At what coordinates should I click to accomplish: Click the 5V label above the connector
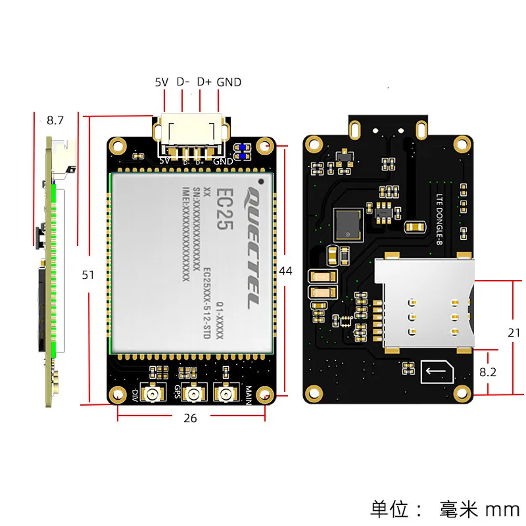click(162, 82)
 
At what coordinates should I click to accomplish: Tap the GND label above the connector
click(229, 82)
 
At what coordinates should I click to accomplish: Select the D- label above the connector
click(183, 82)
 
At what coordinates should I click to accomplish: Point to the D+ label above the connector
click(204, 82)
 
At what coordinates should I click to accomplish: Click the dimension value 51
click(88, 275)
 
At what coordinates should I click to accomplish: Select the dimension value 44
click(285, 271)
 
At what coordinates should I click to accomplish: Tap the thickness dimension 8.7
click(55, 120)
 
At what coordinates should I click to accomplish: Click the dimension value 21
click(514, 333)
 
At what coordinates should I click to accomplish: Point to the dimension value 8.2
click(488, 371)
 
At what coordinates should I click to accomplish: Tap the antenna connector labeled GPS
click(194, 395)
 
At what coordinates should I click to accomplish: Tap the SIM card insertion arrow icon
click(437, 374)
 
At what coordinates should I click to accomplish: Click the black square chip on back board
click(347, 224)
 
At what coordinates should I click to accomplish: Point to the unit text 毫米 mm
click(479, 509)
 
